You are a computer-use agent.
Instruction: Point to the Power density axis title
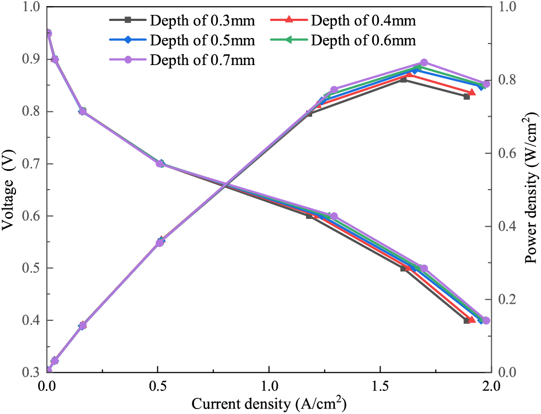pyautogui.click(x=531, y=187)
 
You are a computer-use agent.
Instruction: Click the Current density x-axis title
pyautogui.click(x=269, y=404)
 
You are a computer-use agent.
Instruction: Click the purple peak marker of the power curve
pyautogui.click(x=424, y=63)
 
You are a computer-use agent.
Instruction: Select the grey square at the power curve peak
pyautogui.click(x=403, y=79)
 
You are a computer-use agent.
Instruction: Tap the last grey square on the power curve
pyautogui.click(x=467, y=96)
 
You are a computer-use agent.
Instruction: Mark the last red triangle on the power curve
pyautogui.click(x=472, y=92)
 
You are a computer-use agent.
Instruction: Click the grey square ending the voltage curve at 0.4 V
pyautogui.click(x=467, y=320)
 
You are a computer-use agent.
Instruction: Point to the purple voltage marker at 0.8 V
pyautogui.click(x=82, y=111)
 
